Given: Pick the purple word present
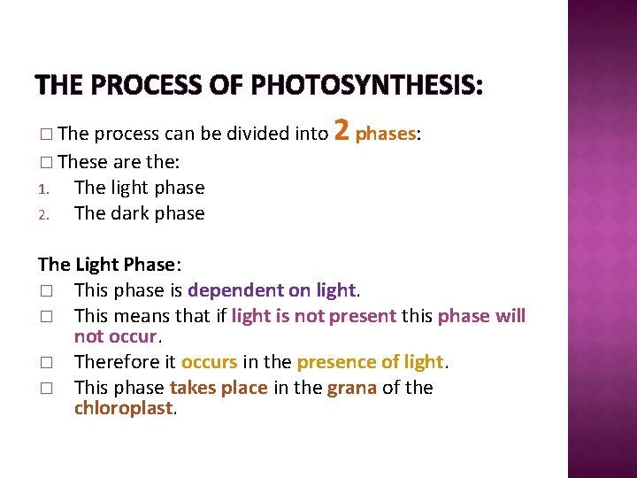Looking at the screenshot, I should click(x=362, y=316).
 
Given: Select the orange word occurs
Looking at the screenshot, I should click(x=209, y=362).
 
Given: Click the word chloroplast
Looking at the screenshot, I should click(x=124, y=408).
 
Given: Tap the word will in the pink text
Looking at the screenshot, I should click(x=510, y=316).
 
